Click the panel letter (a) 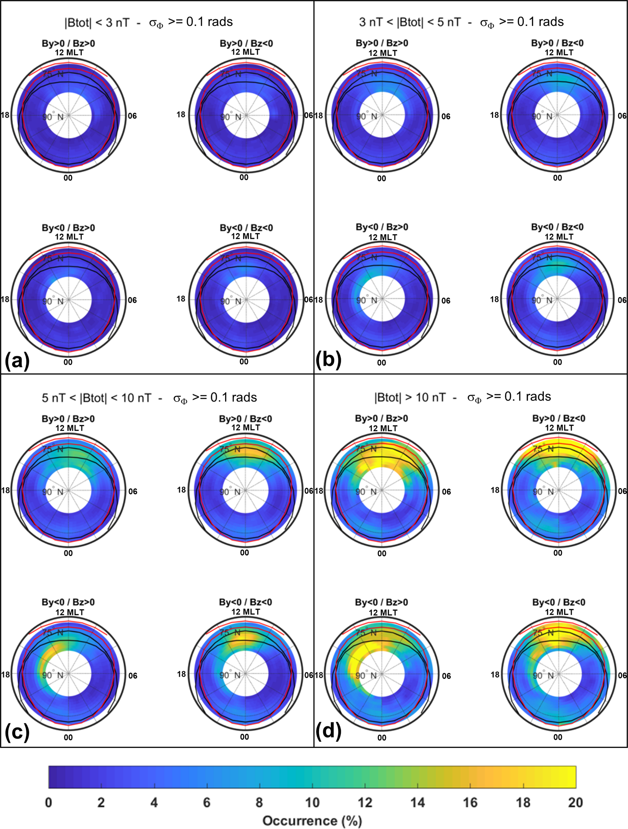tap(17, 361)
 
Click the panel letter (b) tap(328, 361)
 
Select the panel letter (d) tap(328, 731)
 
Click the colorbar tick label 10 tap(312, 802)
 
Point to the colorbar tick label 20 tap(575, 802)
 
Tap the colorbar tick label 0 tap(49, 802)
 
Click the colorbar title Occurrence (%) tap(312, 821)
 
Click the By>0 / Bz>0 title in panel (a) tap(69, 43)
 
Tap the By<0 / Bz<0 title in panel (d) tap(559, 602)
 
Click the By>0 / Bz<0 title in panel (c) tap(245, 419)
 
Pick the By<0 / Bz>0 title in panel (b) tap(382, 227)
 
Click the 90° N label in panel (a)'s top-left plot tap(53, 117)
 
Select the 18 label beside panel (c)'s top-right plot tap(182, 490)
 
